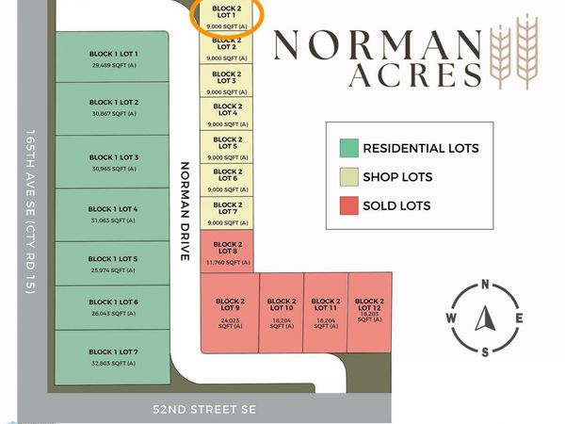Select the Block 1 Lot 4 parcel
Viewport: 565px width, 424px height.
tap(114, 215)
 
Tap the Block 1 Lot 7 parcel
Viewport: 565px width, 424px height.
tap(114, 357)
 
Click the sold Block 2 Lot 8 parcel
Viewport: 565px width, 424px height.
tap(225, 251)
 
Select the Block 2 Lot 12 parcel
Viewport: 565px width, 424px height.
tap(369, 311)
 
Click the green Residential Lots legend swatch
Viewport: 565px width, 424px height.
tap(348, 148)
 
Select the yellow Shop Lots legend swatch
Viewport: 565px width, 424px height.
tap(348, 176)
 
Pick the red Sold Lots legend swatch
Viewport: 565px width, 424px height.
tap(348, 205)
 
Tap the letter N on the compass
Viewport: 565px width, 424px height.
tap(485, 285)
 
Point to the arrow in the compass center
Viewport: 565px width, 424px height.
tap(485, 318)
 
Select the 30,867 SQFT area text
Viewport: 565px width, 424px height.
tap(114, 114)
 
